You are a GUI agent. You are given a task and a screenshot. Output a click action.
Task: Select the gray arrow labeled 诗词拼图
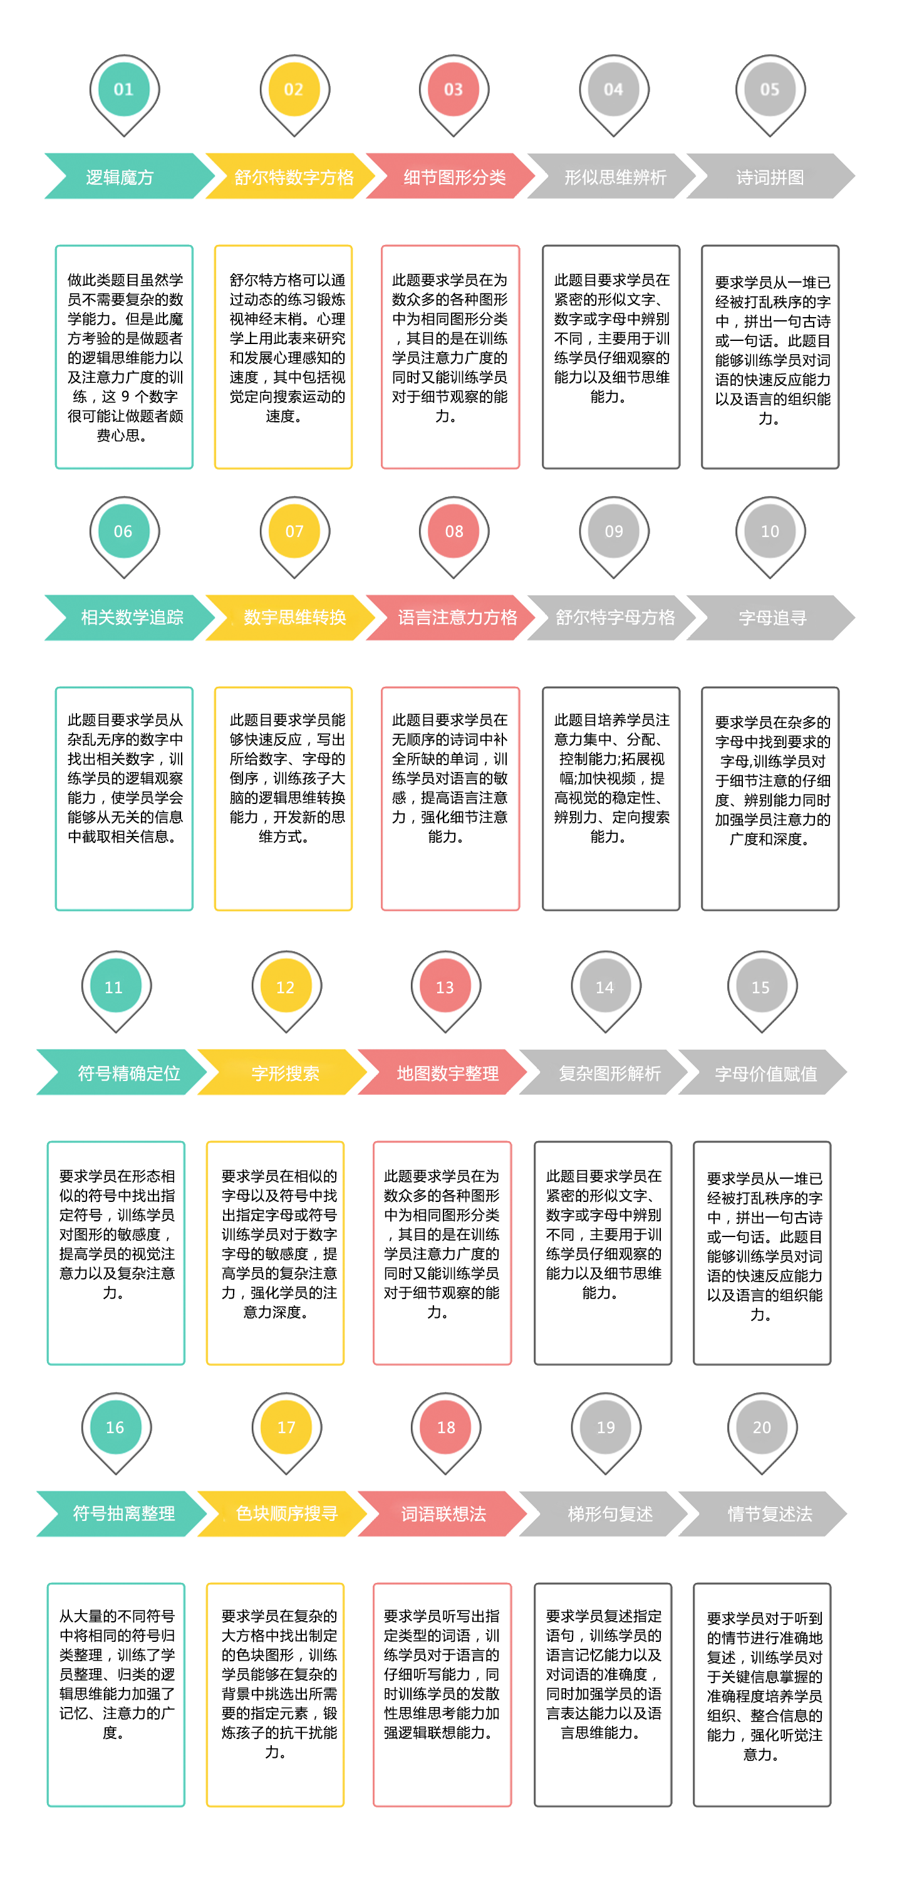point(770,176)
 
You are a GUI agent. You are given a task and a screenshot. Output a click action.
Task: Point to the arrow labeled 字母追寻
point(770,617)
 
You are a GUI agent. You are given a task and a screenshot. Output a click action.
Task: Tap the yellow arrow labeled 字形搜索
point(283,1072)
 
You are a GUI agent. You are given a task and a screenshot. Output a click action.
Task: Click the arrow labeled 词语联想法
point(442,1513)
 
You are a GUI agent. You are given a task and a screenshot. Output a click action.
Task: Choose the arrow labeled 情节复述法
point(762,1513)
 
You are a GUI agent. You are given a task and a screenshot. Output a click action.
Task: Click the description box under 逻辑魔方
point(124,357)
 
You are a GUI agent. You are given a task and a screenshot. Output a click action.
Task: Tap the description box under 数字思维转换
point(283,798)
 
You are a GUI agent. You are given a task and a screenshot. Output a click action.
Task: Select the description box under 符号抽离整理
point(116,1695)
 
